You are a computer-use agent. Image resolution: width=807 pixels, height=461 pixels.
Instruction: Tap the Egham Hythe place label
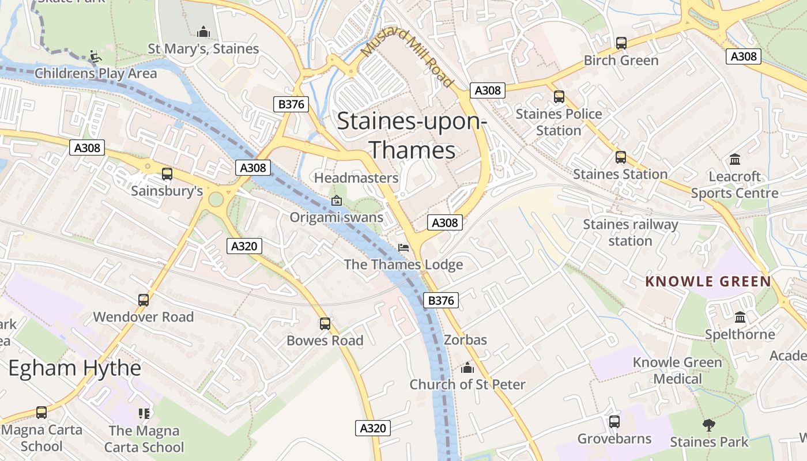74,368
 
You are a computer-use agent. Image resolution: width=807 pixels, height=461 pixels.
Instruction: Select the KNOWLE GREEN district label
708,281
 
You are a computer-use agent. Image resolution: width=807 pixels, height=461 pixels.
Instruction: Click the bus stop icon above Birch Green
621,43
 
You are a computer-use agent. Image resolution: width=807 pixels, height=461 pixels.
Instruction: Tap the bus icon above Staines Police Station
559,96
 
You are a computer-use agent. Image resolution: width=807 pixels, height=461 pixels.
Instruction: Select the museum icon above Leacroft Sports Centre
734,159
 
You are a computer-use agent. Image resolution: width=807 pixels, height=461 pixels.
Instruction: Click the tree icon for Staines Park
708,425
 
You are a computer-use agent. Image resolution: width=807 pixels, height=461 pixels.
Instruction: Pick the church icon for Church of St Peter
467,368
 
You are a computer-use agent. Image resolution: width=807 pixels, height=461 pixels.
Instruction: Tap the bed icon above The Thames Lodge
403,248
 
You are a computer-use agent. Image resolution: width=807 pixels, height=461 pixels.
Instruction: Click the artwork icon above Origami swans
337,201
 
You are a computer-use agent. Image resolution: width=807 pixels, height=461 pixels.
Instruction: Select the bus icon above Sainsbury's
167,173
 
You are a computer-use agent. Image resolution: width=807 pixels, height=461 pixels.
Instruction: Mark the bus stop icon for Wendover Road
143,300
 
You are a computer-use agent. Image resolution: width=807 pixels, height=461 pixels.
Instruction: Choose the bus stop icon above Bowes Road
325,324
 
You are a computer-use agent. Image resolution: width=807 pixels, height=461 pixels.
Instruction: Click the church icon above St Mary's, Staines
203,32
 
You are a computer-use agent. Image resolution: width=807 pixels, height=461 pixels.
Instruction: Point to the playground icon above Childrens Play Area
96,56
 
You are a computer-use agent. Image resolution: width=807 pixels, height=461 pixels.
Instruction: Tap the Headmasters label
356,178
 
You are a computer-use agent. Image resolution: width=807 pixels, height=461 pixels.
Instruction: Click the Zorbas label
465,340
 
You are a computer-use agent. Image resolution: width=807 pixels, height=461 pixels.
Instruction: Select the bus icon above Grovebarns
614,422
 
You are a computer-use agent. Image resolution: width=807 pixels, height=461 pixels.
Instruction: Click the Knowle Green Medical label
677,371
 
